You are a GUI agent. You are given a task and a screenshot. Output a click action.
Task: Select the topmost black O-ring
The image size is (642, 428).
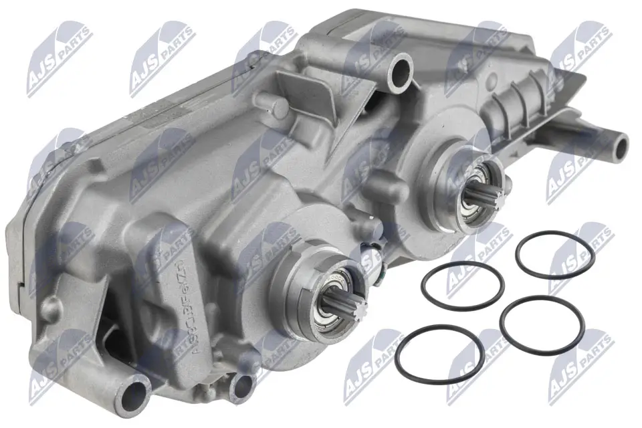(555, 255)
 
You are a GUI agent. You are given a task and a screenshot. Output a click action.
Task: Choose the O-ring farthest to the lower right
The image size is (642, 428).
(542, 326)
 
